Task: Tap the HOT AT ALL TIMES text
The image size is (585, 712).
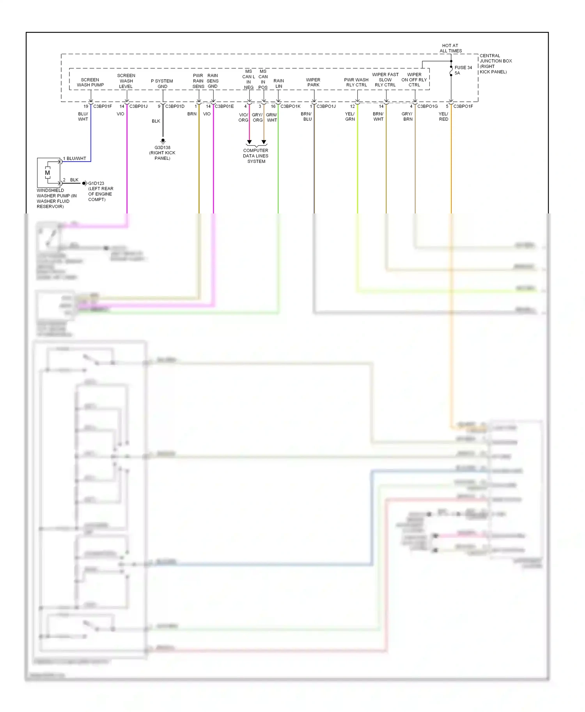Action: (450, 48)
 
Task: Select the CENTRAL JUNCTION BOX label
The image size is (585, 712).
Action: (495, 63)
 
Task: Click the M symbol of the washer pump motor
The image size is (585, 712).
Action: (48, 173)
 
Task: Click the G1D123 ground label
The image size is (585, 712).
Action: (96, 183)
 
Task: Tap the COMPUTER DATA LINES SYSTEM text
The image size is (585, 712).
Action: (256, 156)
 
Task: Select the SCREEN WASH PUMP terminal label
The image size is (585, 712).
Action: (90, 82)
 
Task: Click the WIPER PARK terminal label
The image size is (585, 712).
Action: (313, 82)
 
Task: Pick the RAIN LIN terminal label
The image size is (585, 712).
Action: (278, 83)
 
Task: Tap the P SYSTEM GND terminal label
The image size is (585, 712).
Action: (162, 84)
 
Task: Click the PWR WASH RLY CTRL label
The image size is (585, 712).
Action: (356, 82)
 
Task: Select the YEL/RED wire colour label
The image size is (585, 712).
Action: (443, 116)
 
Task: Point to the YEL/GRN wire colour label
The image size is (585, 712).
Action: (350, 116)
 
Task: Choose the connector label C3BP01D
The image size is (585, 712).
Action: (175, 106)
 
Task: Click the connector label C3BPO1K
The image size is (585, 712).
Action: (290, 106)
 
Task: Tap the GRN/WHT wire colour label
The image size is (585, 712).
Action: (271, 117)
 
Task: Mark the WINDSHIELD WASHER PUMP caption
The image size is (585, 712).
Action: (57, 198)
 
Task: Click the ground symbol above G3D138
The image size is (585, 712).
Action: (163, 141)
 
